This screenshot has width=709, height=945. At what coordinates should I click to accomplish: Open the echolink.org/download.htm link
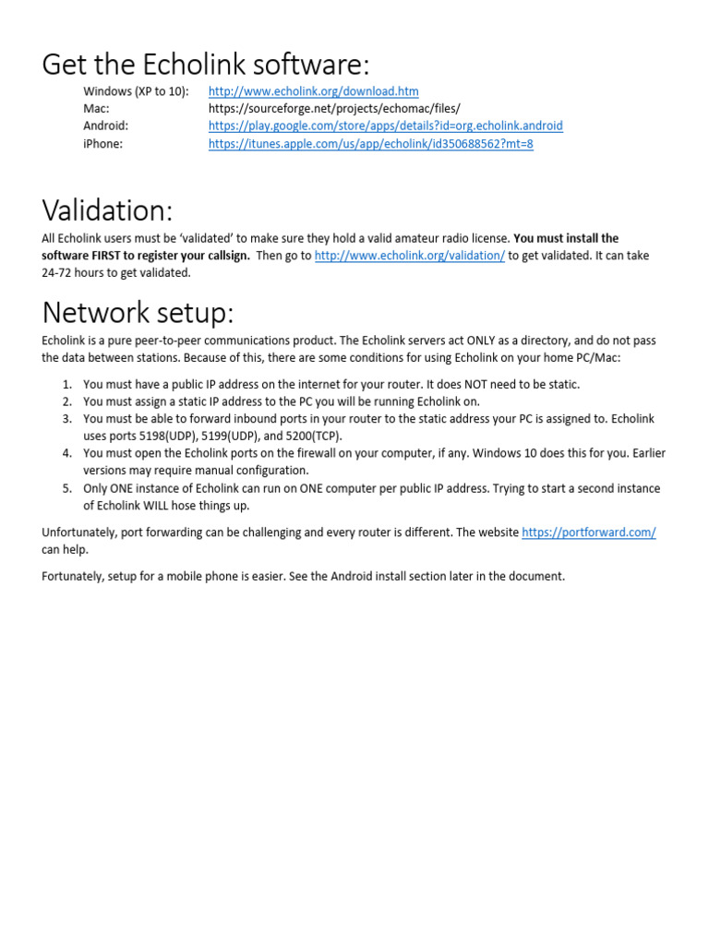(x=313, y=91)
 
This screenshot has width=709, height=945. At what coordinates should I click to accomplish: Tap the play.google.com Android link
(x=385, y=126)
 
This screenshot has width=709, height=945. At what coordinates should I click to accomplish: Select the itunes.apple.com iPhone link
(x=370, y=144)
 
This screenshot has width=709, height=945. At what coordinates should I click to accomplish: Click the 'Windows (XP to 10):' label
(x=136, y=91)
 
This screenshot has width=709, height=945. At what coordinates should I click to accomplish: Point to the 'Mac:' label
(x=96, y=109)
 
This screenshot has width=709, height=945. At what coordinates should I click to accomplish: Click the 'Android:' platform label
(x=105, y=126)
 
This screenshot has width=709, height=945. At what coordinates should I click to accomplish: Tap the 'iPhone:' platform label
(x=102, y=144)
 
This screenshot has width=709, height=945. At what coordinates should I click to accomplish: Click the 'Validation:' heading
(x=107, y=210)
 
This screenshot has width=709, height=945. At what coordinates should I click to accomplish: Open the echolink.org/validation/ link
(x=409, y=256)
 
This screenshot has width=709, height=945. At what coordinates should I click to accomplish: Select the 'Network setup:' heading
(x=138, y=313)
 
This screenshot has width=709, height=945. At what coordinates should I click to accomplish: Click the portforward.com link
(x=588, y=532)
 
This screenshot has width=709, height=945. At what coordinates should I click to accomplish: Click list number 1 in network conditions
(x=66, y=384)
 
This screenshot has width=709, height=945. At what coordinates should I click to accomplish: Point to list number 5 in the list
(x=66, y=488)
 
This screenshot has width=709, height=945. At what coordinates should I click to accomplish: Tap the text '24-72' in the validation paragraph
(x=57, y=272)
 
